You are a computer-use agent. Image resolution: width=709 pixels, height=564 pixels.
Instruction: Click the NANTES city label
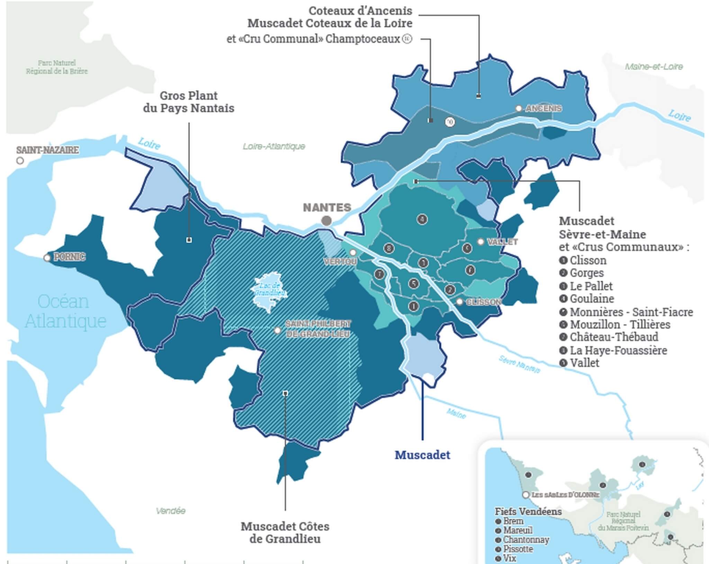327,208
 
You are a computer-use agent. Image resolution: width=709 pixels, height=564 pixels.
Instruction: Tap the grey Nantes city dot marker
326,220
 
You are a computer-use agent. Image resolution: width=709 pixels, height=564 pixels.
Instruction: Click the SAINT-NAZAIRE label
47,150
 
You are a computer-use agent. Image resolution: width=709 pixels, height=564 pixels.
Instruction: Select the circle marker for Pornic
47,258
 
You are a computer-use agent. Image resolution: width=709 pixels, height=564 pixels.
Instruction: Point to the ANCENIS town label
544,109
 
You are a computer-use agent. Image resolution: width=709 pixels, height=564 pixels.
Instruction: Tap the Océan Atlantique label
64,311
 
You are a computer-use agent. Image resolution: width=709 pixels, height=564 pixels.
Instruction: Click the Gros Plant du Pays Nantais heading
189,102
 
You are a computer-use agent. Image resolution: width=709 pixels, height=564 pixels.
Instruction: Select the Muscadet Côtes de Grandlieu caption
285,533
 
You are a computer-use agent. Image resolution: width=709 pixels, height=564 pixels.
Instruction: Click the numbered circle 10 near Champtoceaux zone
450,122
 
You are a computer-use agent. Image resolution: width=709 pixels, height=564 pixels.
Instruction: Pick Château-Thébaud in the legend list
614,337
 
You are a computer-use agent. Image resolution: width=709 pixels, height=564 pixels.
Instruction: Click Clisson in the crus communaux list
588,260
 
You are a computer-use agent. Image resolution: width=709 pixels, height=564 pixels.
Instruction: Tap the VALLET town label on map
502,242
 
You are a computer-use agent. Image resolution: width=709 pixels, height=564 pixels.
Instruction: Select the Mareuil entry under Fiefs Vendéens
518,530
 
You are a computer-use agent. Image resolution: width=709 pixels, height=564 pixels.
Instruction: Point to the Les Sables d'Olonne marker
526,495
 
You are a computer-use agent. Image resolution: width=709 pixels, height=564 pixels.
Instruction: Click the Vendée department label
170,511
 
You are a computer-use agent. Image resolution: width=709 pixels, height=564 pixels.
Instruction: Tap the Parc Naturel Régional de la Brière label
57,67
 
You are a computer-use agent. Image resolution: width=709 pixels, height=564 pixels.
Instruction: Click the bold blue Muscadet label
422,455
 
